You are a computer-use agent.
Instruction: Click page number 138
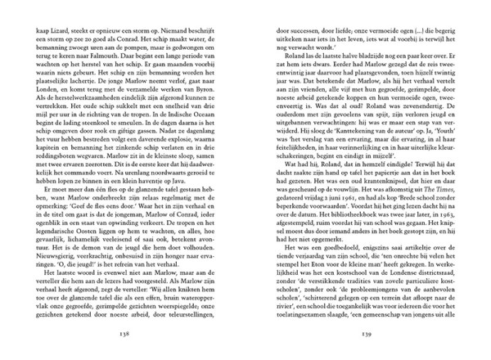[124, 333]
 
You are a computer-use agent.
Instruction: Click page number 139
[365, 333]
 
